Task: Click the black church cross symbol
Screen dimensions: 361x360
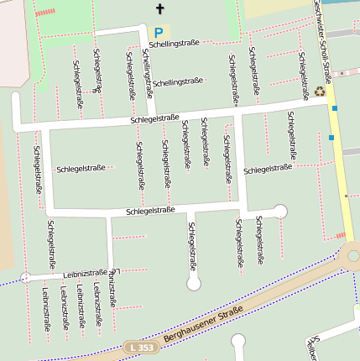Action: pyautogui.click(x=159, y=9)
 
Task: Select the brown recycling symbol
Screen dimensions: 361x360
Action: pyautogui.click(x=320, y=92)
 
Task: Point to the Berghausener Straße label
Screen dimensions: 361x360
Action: pyautogui.click(x=203, y=325)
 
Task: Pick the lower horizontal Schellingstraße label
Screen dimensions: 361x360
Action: pyautogui.click(x=178, y=81)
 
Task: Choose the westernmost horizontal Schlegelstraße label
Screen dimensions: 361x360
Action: pyautogui.click(x=81, y=169)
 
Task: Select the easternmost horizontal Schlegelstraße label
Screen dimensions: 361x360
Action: pyautogui.click(x=267, y=169)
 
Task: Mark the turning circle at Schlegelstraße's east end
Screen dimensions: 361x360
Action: pyautogui.click(x=280, y=212)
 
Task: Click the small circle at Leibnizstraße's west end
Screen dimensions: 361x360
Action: pyautogui.click(x=25, y=276)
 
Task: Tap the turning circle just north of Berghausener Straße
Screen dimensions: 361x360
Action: pyautogui.click(x=194, y=284)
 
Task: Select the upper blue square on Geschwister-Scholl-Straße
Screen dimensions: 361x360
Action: pyautogui.click(x=334, y=108)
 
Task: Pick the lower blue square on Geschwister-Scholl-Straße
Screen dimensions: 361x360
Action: pyautogui.click(x=331, y=137)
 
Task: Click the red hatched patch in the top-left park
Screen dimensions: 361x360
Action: pyautogui.click(x=45, y=12)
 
